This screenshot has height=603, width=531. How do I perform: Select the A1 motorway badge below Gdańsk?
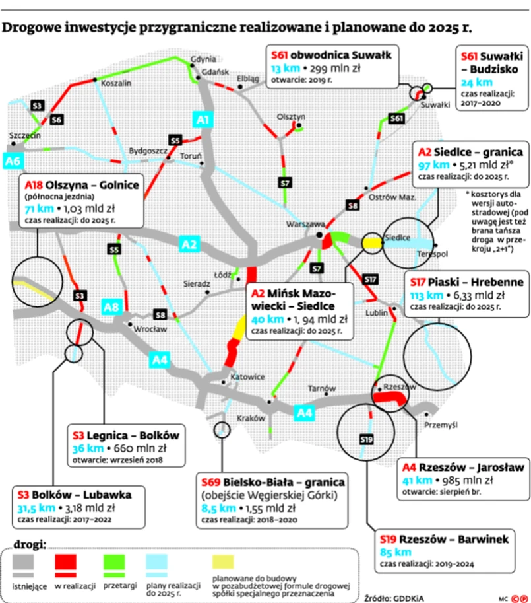pyautogui.click(x=203, y=120)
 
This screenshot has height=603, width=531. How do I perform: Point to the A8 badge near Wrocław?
pyautogui.click(x=111, y=306)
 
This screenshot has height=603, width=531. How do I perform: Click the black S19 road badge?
pyautogui.click(x=367, y=439)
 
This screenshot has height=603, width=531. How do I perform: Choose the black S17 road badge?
pyautogui.click(x=370, y=279)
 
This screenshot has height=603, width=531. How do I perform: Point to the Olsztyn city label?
pyautogui.click(x=290, y=114)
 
